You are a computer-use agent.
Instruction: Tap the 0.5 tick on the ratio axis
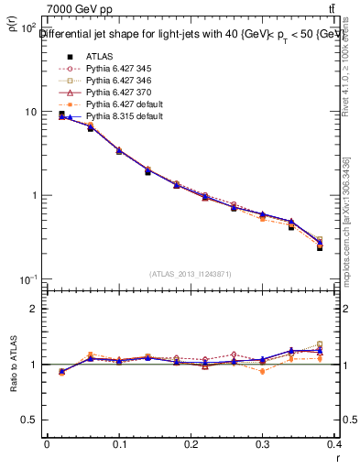click(33, 420)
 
